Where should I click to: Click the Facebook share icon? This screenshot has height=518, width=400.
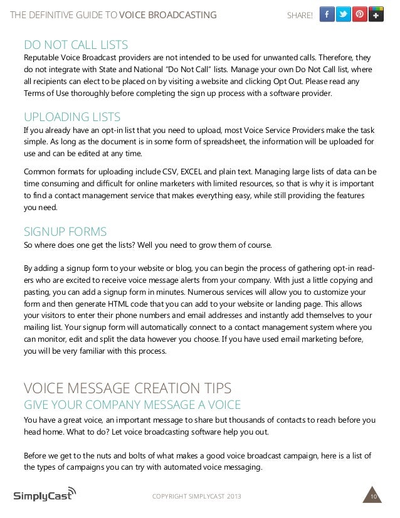[x=327, y=14]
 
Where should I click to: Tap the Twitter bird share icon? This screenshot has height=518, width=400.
[x=344, y=14]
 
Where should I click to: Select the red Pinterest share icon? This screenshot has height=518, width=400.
[x=360, y=14]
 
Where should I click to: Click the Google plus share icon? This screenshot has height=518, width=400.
[x=376, y=14]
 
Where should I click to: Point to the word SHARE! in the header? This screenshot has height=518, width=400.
[x=299, y=15]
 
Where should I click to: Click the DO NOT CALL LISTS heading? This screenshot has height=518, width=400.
[x=75, y=45]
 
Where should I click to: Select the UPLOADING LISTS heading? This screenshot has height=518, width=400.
[x=71, y=117]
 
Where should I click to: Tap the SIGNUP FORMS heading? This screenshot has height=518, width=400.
[x=65, y=231]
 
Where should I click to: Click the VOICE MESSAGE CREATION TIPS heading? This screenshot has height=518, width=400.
[x=127, y=387]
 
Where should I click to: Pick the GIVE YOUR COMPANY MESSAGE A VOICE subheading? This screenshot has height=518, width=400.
[x=132, y=403]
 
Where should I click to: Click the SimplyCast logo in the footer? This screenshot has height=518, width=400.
[x=45, y=495]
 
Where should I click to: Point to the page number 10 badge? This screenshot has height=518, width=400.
[x=373, y=497]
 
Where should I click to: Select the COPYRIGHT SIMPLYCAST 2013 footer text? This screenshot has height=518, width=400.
[x=196, y=497]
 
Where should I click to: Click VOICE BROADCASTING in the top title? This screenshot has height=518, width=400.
[x=167, y=15]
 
